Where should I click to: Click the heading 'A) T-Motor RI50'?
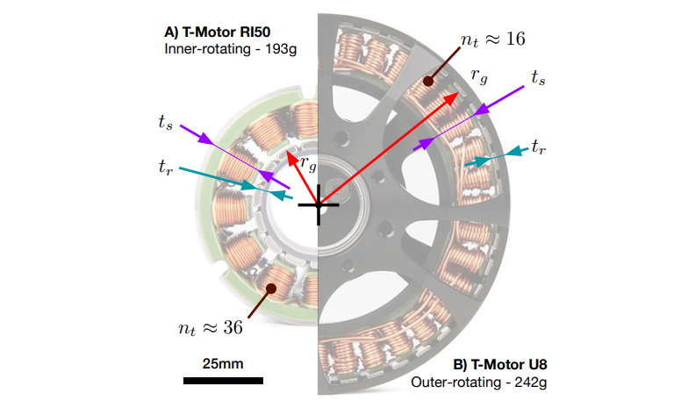(218, 32)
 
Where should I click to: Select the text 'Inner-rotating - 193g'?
(230, 49)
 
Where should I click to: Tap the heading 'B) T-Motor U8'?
(500, 365)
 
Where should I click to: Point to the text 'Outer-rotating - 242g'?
(479, 383)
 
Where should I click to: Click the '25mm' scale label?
(223, 363)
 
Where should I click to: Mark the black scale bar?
(223, 381)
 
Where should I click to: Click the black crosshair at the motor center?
(319, 205)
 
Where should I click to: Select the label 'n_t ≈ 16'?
(493, 39)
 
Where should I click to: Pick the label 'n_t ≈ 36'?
(211, 328)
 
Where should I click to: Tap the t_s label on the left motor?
(165, 122)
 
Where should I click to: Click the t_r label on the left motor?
(165, 167)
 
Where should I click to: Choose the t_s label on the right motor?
(538, 77)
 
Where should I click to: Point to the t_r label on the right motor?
(539, 147)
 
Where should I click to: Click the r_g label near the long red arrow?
(479, 75)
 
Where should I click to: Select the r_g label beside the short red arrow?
(309, 164)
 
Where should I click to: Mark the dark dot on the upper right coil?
(428, 81)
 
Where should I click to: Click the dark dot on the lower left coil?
(272, 288)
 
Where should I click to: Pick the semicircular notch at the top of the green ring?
(307, 93)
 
